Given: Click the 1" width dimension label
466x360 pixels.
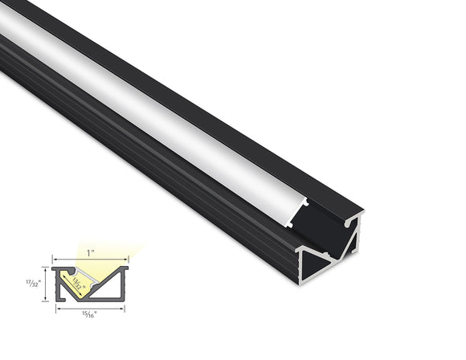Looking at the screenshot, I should pos(91,252).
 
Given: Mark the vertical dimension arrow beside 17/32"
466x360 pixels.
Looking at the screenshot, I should pos(47,284).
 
